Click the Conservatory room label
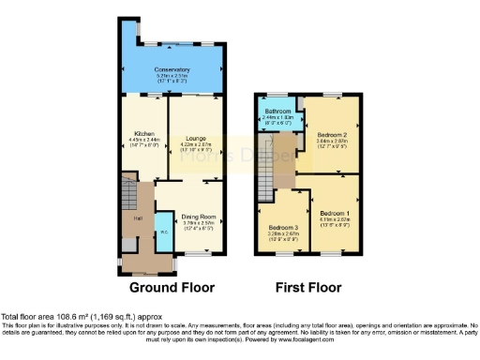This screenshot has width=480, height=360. click(x=172, y=68)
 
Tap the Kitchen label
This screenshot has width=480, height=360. click(x=143, y=133)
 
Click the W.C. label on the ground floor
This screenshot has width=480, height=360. click(x=163, y=232)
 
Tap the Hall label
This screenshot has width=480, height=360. click(x=138, y=217)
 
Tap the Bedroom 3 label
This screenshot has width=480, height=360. click(x=283, y=228)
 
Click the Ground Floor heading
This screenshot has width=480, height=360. click(x=172, y=287)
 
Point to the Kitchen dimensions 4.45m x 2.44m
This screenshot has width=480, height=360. click(x=143, y=140)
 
